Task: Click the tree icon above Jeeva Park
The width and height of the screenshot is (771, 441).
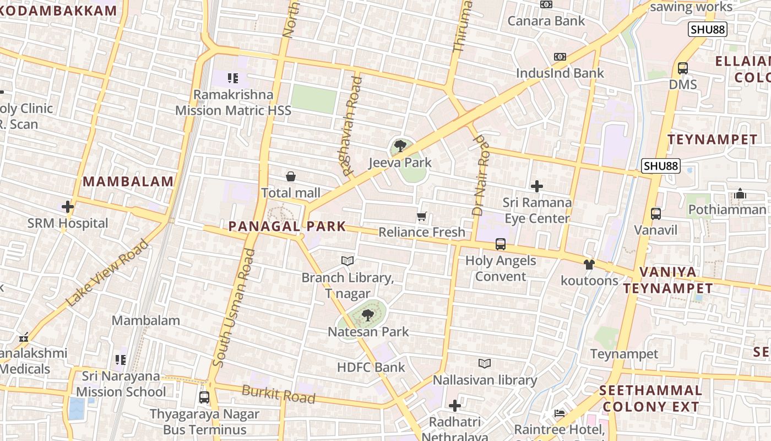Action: tap(400, 146)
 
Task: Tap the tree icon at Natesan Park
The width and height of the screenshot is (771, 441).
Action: tap(368, 315)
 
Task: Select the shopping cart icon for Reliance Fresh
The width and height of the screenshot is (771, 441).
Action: tap(422, 217)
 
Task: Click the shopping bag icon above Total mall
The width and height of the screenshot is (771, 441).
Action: tap(291, 176)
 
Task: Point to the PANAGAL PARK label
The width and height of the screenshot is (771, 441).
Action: tap(287, 226)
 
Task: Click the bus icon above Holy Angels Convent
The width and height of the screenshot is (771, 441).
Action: tap(501, 244)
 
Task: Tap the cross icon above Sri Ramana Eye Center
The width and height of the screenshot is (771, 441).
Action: tap(537, 186)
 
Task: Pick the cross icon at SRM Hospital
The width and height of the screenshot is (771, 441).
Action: tap(68, 207)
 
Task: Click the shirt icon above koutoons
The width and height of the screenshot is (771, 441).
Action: tap(589, 265)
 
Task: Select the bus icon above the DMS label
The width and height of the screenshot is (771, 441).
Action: tap(683, 68)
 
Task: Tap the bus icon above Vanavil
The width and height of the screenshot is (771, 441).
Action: tap(655, 214)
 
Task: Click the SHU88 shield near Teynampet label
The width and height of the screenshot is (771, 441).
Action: tap(661, 165)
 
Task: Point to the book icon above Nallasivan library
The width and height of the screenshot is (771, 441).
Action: tap(485, 364)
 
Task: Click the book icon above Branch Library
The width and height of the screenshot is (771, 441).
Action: tap(347, 261)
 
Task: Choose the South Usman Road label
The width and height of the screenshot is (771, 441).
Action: tap(234, 309)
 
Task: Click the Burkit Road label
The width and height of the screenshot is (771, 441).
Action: tap(279, 395)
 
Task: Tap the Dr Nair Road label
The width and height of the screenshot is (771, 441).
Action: tap(481, 175)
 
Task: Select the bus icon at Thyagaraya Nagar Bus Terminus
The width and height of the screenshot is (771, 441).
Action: tap(204, 397)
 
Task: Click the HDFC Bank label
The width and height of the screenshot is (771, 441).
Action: tap(371, 367)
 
